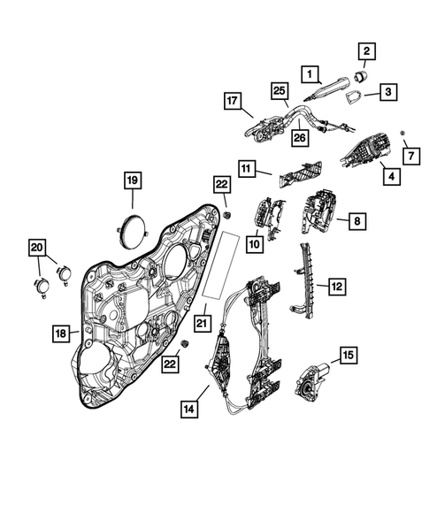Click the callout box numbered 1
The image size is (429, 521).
coord(310,73)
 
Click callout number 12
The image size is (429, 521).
coord(336,286)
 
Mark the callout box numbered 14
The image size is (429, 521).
coord(189,410)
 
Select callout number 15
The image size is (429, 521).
coord(349,356)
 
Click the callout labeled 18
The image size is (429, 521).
coord(60,333)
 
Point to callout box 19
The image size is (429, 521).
coord(132,182)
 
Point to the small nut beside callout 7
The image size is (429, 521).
coord(402,133)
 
